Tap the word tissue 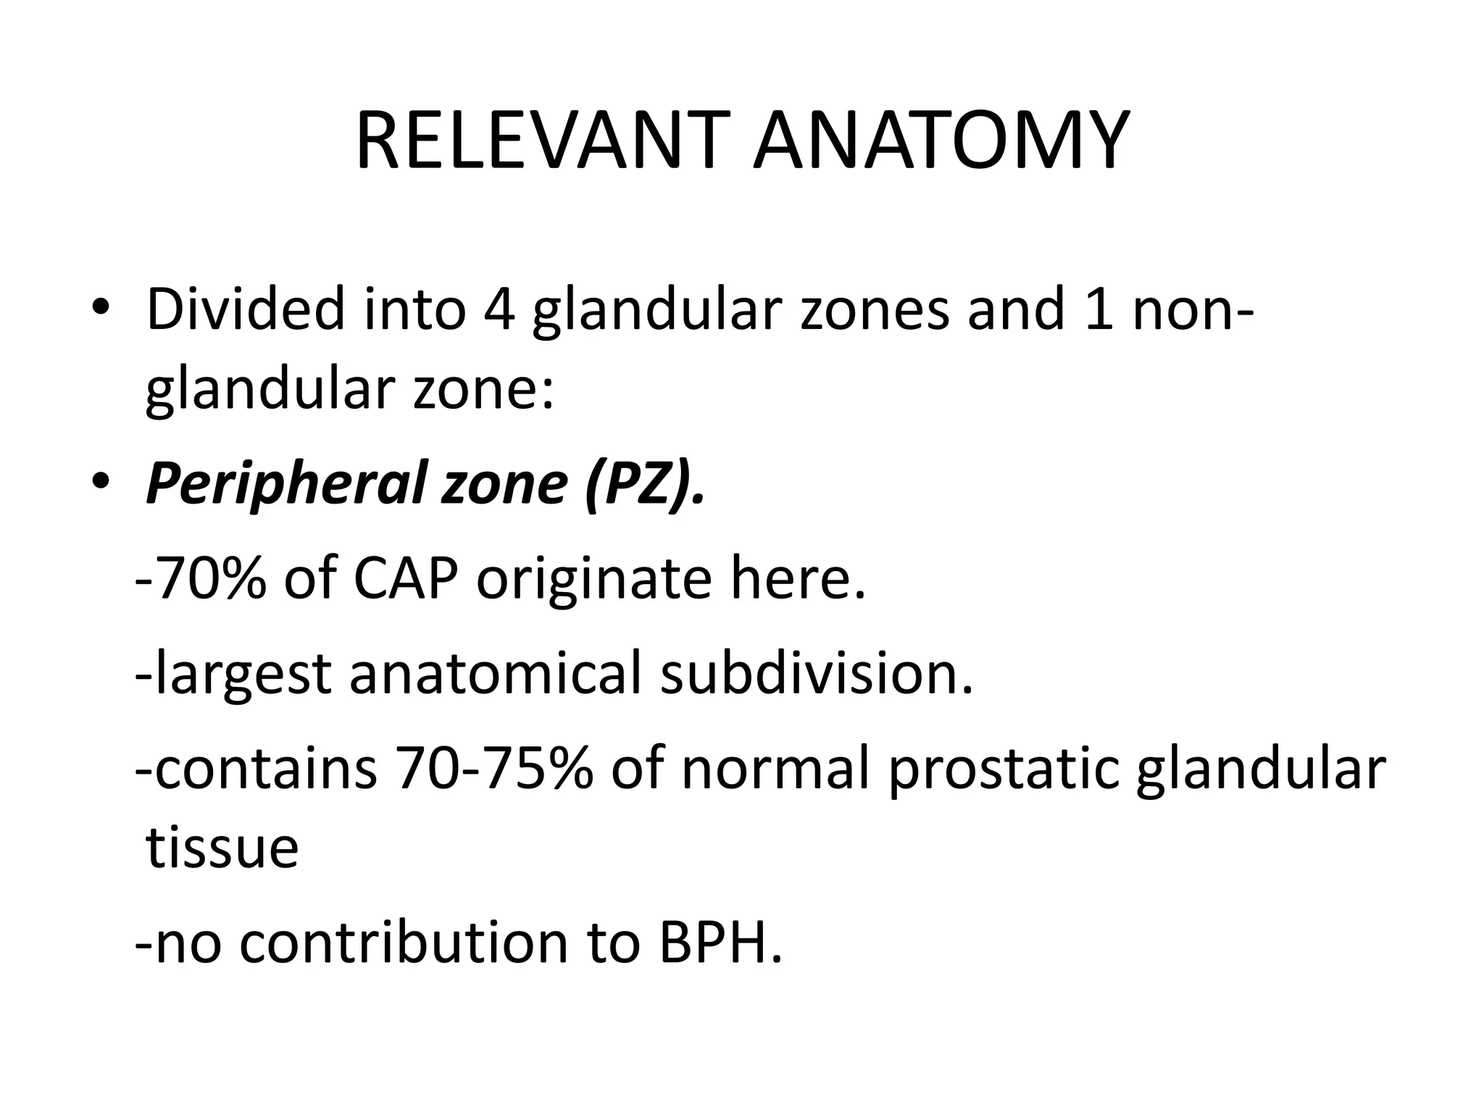222,848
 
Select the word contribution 403,943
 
